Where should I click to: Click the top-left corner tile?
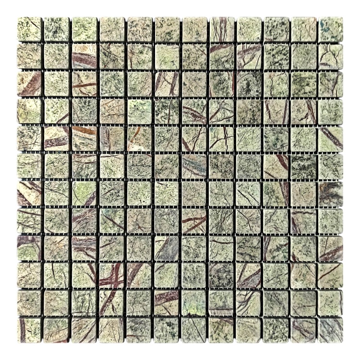(x=29, y=29)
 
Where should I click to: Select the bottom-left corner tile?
(x=29, y=331)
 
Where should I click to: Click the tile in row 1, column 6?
(x=167, y=29)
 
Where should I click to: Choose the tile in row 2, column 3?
(x=84, y=57)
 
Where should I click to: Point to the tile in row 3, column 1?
(x=29, y=84)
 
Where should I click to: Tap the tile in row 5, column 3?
(x=84, y=139)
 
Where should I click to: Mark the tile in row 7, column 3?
(x=84, y=194)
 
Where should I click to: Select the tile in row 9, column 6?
(x=167, y=249)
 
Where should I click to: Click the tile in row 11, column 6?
(x=167, y=303)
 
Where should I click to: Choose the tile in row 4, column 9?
(x=249, y=111)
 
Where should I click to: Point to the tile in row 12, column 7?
(x=194, y=331)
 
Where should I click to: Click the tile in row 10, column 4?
(x=111, y=276)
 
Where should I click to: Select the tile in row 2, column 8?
(x=221, y=57)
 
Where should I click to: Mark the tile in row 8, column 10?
(x=276, y=221)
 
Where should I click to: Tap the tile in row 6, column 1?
(x=29, y=167)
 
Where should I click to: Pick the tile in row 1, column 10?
(x=276, y=29)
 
